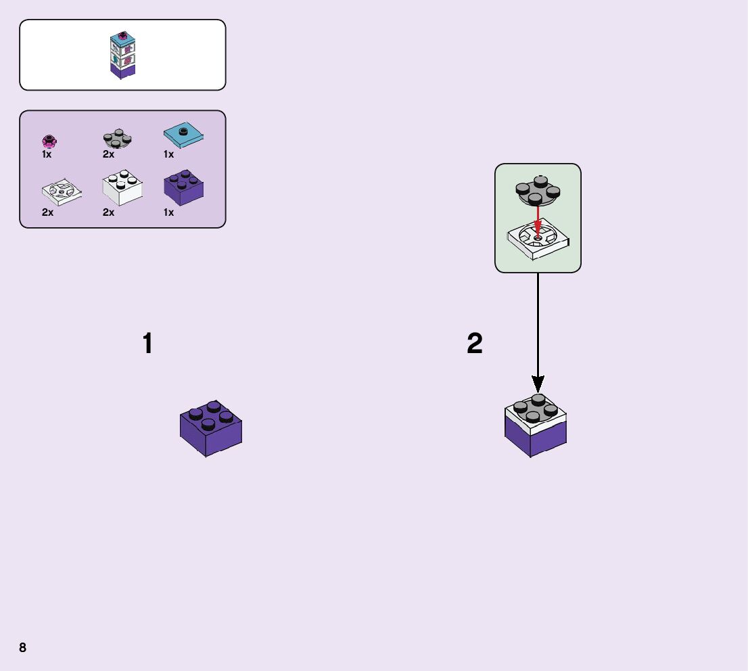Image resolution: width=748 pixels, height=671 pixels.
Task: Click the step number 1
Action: pos(147,344)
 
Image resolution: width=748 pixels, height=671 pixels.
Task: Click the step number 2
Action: pos(475,344)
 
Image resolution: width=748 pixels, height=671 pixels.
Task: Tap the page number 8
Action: pos(23,647)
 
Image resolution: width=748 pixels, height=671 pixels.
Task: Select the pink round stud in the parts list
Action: pos(48,141)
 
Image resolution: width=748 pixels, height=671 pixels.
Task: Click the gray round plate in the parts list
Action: pos(117,139)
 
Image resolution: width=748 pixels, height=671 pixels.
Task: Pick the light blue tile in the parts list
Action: pos(183,135)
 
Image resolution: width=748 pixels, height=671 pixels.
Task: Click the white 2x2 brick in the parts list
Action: pos(122,189)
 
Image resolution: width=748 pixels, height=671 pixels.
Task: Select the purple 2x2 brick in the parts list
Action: pos(184,187)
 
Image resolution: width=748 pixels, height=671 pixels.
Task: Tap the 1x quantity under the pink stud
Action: pos(47,154)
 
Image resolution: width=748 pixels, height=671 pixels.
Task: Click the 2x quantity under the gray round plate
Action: pos(108,154)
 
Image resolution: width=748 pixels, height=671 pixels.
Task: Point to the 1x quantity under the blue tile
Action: pos(168,154)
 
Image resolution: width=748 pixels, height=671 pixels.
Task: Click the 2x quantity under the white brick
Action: pos(108,212)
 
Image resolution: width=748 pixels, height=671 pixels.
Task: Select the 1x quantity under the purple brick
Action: pos(168,212)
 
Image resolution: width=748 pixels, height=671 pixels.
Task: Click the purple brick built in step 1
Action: pos(211,429)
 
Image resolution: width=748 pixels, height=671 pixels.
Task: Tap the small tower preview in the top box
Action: pos(123,55)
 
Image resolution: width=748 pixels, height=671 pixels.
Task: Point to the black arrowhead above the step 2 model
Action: pos(538,384)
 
